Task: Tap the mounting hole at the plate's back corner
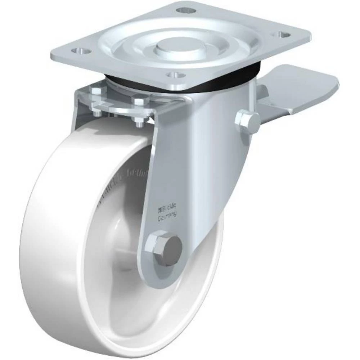[x=186, y=10]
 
